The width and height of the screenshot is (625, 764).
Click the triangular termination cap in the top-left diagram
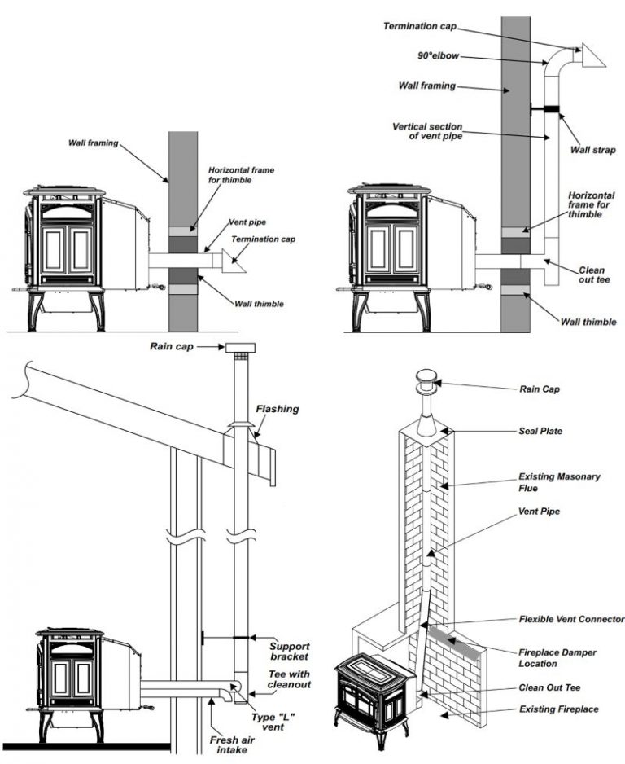(x=235, y=261)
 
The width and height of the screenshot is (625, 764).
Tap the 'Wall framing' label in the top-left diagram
(x=93, y=143)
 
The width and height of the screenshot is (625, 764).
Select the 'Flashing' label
(x=278, y=409)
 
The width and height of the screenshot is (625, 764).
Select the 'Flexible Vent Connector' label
(x=571, y=620)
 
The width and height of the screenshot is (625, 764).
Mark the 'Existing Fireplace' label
(x=559, y=709)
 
